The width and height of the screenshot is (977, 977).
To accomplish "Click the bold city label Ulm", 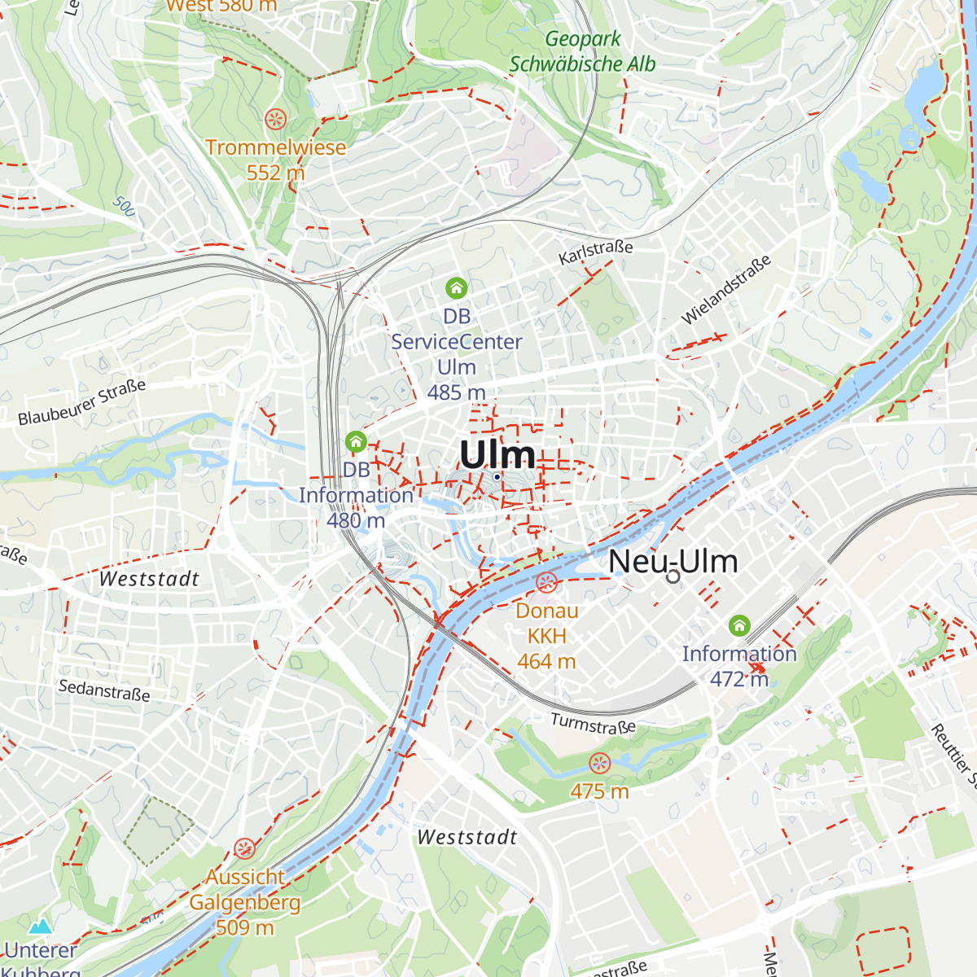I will (x=497, y=454).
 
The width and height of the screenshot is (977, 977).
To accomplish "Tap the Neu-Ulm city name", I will (x=673, y=561).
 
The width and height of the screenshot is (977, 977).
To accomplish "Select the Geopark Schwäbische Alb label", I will (x=582, y=51).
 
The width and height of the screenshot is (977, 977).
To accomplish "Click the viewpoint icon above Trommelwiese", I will (x=276, y=120).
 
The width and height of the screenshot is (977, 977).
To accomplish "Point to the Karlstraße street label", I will (x=595, y=252).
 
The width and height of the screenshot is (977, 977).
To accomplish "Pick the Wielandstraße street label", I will (x=725, y=291).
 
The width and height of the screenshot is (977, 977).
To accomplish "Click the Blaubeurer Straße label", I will (x=82, y=402).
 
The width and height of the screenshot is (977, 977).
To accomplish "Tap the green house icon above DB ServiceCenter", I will (x=456, y=287).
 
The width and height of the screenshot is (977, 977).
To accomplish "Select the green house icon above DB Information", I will (x=356, y=441).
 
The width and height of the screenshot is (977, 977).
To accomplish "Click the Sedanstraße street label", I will (x=104, y=690).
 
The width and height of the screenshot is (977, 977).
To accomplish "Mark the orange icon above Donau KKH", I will (x=546, y=583).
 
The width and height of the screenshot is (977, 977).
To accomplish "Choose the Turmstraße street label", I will (x=593, y=724).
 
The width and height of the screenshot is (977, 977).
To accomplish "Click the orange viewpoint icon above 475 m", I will (x=599, y=764).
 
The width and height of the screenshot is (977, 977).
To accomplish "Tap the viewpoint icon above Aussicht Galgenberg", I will (x=244, y=849).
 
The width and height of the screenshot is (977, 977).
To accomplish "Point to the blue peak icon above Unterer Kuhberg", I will (x=40, y=927).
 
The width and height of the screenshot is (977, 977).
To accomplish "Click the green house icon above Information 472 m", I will (x=739, y=625).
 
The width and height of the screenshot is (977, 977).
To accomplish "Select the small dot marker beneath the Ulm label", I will (x=497, y=477).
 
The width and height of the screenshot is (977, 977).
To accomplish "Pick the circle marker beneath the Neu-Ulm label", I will (x=673, y=576).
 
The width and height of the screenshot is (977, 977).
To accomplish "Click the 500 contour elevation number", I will (x=124, y=206).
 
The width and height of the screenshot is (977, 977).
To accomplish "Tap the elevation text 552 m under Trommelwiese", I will (x=275, y=173).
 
